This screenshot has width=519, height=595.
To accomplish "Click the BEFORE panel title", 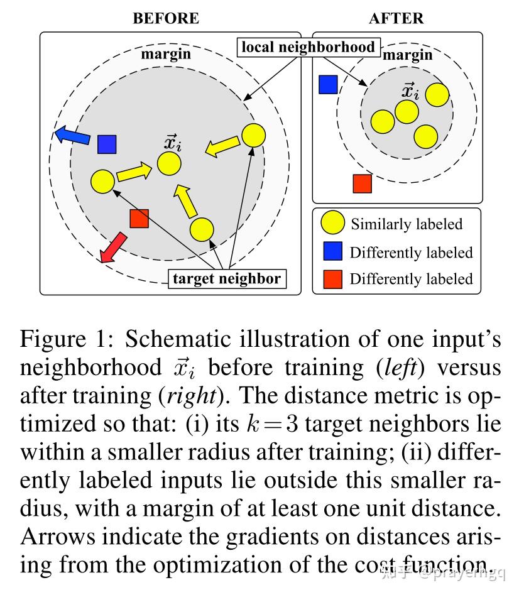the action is [x=166, y=18].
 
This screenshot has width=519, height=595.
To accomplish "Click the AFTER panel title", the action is [x=396, y=18].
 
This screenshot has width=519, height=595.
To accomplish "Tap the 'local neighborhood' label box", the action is [x=309, y=47].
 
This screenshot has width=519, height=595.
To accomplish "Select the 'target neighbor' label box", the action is [x=227, y=279].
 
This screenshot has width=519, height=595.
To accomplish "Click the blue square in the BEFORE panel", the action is [x=107, y=145].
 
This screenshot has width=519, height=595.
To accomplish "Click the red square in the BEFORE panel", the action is [x=139, y=219].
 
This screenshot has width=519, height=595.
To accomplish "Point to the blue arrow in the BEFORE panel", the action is [x=72, y=136].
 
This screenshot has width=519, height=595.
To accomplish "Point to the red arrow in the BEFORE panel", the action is [x=113, y=247].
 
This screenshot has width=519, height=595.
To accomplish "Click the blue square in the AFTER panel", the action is [x=328, y=84].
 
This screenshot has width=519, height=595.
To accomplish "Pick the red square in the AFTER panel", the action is [x=363, y=183].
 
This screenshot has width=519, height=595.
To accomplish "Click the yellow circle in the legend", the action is [x=333, y=222].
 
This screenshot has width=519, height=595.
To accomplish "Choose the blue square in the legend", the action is [x=333, y=251].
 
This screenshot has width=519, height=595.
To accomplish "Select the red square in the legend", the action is [x=333, y=280].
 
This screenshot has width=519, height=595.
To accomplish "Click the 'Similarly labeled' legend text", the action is [x=407, y=224].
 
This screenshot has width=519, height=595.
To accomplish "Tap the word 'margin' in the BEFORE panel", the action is [x=166, y=54].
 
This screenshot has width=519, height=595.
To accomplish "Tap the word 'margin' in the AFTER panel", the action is [x=407, y=55].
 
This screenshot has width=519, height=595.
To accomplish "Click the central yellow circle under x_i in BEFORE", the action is [x=169, y=163].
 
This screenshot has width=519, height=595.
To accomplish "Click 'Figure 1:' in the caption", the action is [x=67, y=339].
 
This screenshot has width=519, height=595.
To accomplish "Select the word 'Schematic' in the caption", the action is [x=178, y=339].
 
